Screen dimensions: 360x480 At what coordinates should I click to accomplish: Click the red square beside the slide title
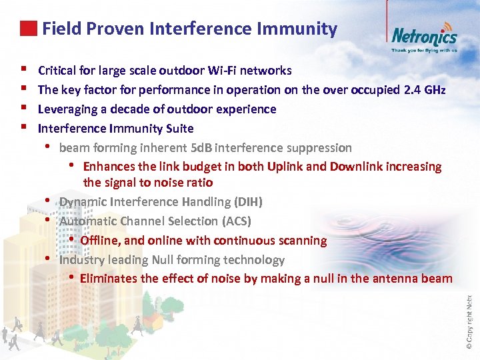click(28, 29)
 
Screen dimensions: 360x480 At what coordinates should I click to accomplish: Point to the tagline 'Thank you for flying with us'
click(424, 50)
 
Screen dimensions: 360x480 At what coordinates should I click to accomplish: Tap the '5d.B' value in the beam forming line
click(201, 148)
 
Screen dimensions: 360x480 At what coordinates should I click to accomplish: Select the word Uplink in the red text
click(281, 167)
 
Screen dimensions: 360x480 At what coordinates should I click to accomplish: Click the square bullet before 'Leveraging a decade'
click(23, 109)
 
